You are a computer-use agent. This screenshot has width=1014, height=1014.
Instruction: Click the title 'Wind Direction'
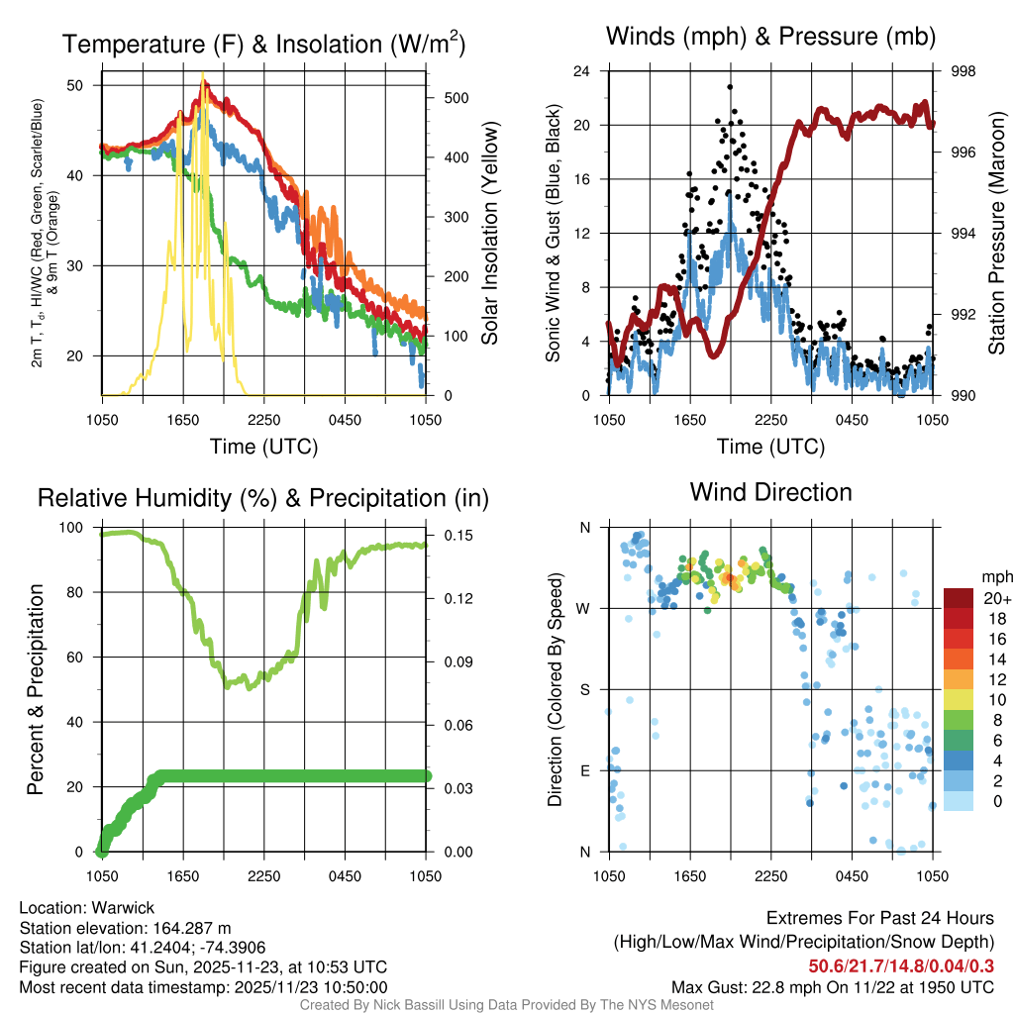tap(770, 492)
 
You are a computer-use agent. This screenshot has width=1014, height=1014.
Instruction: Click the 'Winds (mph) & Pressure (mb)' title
tap(770, 38)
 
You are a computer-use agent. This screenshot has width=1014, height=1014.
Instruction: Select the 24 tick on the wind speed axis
tap(581, 71)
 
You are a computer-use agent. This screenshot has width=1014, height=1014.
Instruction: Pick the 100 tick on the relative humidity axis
tap(72, 527)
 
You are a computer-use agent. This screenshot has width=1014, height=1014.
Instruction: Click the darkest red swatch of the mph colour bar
tap(958, 598)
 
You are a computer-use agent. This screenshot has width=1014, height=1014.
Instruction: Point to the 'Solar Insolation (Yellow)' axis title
tap(489, 234)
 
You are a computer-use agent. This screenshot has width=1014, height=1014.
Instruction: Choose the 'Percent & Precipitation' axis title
tap(35, 689)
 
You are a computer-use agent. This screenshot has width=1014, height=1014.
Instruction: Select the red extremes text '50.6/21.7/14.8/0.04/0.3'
tap(901, 965)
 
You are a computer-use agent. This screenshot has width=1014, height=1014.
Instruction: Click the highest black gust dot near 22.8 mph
tap(730, 87)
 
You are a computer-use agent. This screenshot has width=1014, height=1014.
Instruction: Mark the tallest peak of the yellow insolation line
tap(203, 75)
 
